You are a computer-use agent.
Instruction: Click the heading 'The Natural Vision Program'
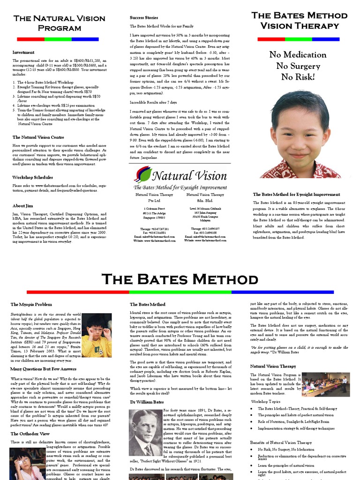coord(59,23)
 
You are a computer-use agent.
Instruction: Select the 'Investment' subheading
coord(23,52)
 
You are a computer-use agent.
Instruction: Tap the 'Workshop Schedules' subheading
coord(32,178)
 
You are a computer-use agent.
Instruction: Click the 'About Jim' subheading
coord(22,206)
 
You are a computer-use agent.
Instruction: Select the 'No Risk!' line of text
coord(298,77)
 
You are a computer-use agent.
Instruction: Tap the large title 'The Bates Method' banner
coord(180,279)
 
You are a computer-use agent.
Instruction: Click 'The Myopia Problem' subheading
coord(31,305)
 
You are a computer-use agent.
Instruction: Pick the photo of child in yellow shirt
coord(97,335)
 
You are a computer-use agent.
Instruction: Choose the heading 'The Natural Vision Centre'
coord(38,137)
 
